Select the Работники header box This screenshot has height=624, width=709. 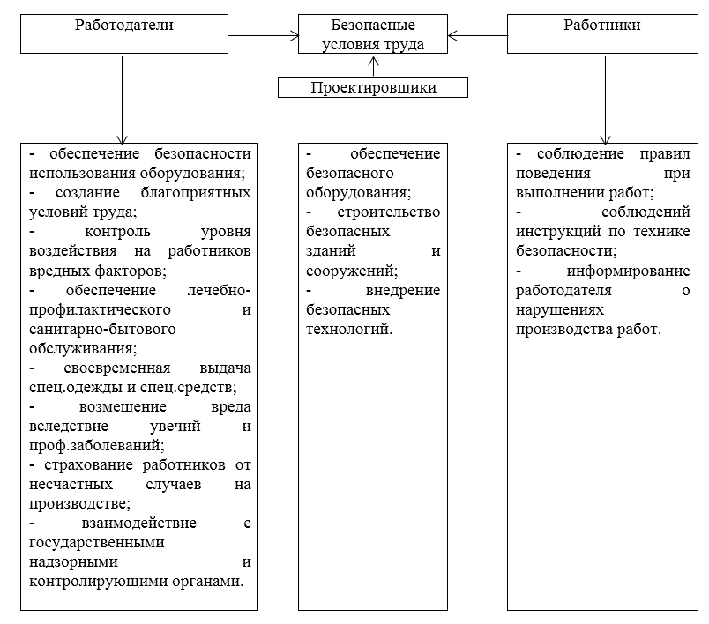coord(601,34)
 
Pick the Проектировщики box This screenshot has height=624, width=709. coord(374,87)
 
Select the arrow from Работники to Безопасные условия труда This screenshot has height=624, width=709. coord(476,36)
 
